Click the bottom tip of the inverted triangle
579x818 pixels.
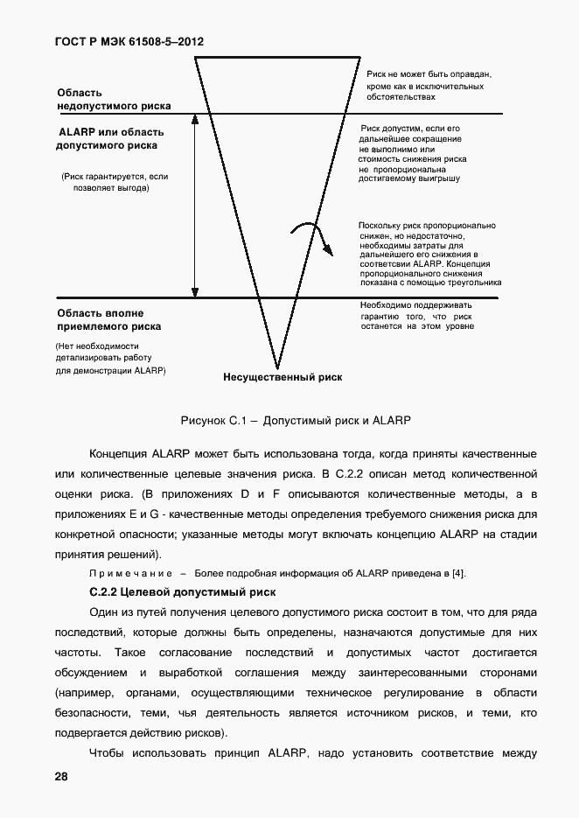coord(277,368)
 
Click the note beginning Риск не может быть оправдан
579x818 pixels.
coord(429,87)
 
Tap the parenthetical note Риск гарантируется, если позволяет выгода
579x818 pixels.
coord(114,182)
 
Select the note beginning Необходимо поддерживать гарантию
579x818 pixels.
coord(417,316)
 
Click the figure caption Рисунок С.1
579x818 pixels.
coord(295,420)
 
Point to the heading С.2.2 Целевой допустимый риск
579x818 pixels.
coord(183,592)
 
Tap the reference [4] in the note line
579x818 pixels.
coord(457,573)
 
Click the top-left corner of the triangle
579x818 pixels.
coord(195,57)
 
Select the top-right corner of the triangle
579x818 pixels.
coord(360,57)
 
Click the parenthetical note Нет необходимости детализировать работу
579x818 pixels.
coord(110,359)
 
